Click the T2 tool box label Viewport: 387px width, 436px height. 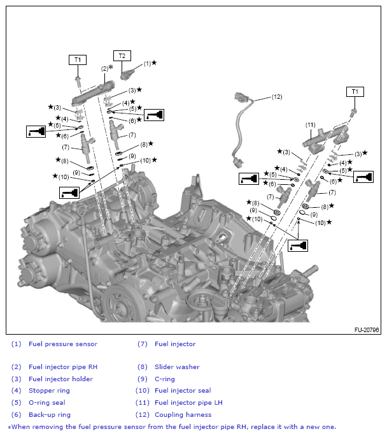click(x=122, y=55)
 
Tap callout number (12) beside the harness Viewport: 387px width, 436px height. click(x=276, y=98)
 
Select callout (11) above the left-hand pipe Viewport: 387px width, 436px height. click(x=311, y=125)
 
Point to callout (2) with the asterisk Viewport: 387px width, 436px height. click(x=106, y=68)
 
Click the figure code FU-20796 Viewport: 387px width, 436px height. click(x=367, y=330)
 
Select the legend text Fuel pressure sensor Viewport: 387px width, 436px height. click(x=63, y=344)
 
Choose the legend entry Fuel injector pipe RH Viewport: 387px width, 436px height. click(x=63, y=367)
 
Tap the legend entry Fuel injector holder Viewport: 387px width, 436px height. click(x=60, y=379)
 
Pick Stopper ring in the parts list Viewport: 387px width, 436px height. click(x=49, y=391)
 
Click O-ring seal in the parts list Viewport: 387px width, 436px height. click(x=46, y=403)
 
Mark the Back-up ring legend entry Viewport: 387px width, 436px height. click(x=50, y=414)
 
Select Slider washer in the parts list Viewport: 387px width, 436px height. click(x=177, y=367)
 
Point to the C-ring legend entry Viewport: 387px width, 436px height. click(x=164, y=379)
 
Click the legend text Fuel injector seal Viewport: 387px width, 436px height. click(x=183, y=391)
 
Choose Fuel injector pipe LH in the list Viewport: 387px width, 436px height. click(x=188, y=403)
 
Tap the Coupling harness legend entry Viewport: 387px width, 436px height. click(x=184, y=414)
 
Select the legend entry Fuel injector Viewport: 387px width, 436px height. click(x=175, y=344)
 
